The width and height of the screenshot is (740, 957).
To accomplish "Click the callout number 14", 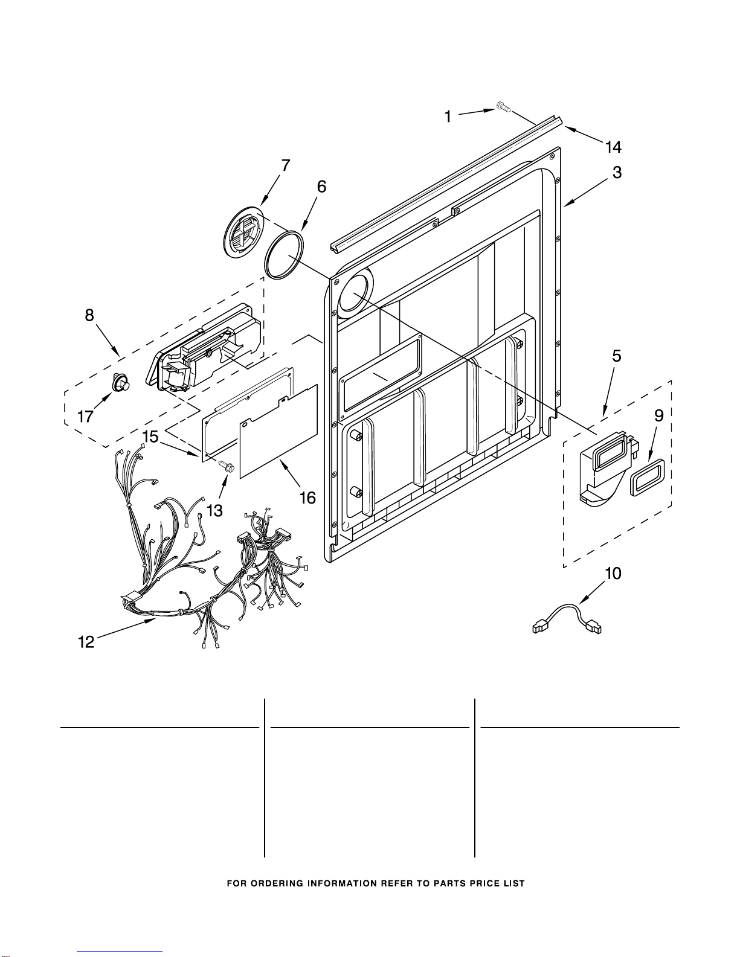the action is click(613, 147).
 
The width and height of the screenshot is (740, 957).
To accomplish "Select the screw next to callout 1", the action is click(503, 107).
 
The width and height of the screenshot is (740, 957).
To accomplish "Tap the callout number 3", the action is click(617, 172).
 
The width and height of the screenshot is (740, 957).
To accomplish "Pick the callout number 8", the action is click(89, 315).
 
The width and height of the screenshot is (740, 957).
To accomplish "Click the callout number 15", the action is click(150, 437).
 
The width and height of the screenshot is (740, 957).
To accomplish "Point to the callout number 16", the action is click(307, 498).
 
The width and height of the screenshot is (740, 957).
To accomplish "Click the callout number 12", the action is click(86, 642).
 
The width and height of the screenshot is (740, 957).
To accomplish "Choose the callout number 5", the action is click(617, 356).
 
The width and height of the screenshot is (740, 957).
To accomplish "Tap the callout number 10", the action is click(613, 574).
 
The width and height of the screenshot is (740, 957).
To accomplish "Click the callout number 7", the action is click(285, 165).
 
